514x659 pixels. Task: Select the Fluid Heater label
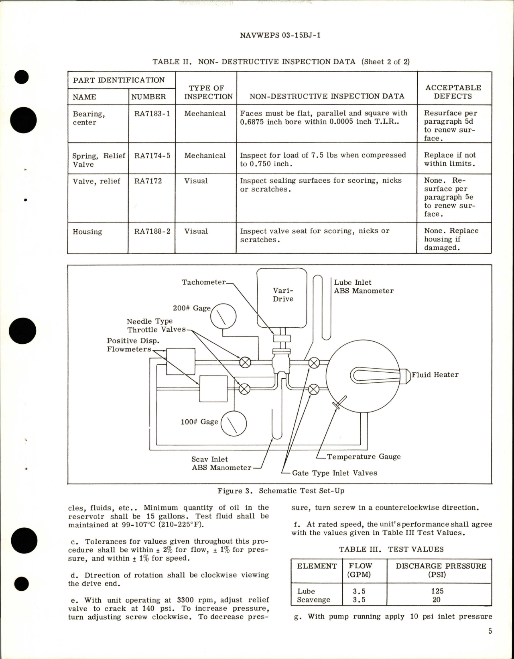click(435, 375)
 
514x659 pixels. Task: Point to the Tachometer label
click(204, 282)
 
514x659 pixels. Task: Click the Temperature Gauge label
click(364, 457)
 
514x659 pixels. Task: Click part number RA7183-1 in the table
click(152, 114)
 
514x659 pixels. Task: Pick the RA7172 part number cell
click(148, 181)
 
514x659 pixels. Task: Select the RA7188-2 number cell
click(152, 231)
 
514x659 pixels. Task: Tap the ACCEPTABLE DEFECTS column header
click(453, 92)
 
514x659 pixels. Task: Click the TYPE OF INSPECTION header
click(206, 92)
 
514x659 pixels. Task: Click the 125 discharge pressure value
click(437, 591)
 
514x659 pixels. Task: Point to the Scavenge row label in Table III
click(313, 600)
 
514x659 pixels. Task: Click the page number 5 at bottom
click(490, 631)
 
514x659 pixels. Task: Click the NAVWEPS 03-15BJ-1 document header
click(280, 35)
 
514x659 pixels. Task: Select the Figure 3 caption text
click(281, 491)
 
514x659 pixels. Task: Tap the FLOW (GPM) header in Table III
click(360, 570)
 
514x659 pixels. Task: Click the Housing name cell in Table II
click(87, 232)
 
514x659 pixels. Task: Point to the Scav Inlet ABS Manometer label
click(221, 463)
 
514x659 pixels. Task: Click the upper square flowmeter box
click(181, 361)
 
